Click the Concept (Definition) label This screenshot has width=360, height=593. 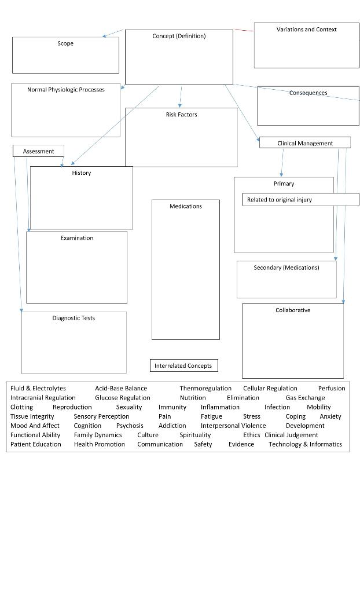pos(179,36)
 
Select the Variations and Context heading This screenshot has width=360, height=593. pos(306,30)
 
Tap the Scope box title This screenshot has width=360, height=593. pos(65,43)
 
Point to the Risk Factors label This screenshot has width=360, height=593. pos(181,115)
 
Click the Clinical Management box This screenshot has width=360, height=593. pos(304,143)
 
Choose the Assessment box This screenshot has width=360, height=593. pos(38,151)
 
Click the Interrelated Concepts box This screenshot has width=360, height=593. pos(183,365)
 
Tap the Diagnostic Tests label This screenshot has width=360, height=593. pos(74,318)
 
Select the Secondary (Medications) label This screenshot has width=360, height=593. pos(286,268)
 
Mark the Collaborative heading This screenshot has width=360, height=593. pos(293,310)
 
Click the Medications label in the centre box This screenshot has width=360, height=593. pos(186,206)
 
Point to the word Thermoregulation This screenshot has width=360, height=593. pos(205,389)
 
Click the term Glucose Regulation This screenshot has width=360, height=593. pos(122,398)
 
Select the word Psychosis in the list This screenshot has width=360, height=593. pos(130,426)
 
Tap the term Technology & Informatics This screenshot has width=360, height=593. pos(305,444)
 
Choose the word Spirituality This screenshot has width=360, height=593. pos(195,435)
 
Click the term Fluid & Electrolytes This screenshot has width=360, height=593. pos(38,389)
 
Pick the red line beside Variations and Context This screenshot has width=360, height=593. pos(244,30)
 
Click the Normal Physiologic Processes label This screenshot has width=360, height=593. pos(66,90)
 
